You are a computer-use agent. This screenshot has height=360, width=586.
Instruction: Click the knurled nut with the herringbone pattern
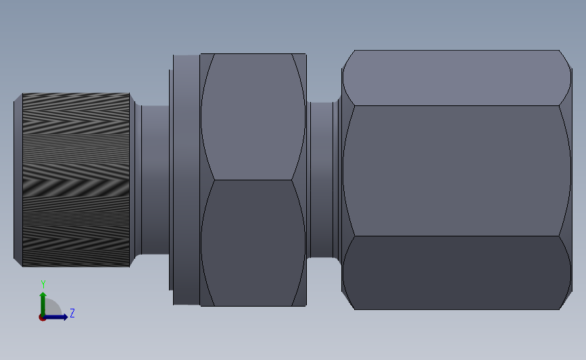tap(76, 179)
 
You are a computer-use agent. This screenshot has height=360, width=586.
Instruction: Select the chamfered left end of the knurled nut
tap(18, 179)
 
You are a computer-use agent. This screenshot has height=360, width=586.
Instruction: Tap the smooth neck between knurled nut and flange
tap(155, 179)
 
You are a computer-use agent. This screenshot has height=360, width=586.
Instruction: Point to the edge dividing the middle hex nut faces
tap(252, 180)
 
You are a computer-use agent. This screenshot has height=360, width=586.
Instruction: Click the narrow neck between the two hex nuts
tap(322, 179)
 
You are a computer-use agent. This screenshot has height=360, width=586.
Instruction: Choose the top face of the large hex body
tap(453, 78)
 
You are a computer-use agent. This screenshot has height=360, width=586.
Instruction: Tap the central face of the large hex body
tap(453, 170)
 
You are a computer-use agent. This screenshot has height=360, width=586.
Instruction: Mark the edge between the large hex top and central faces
tap(453, 105)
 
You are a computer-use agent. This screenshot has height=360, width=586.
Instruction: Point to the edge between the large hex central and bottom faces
tap(453, 236)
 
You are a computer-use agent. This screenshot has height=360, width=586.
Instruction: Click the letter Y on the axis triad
tap(43, 284)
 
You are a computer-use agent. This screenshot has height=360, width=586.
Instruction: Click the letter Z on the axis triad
tap(72, 313)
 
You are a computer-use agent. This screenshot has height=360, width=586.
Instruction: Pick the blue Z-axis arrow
tap(57, 317)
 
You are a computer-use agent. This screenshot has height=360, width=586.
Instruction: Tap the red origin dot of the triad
tap(43, 317)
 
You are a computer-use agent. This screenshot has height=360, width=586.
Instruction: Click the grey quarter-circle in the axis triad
tap(53, 309)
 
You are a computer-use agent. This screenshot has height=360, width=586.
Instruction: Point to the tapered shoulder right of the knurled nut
tap(135, 179)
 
